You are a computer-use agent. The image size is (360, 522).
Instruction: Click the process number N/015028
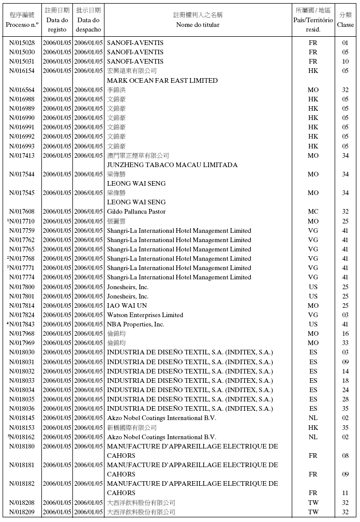point(22,43)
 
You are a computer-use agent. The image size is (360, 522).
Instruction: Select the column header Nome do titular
point(198,25)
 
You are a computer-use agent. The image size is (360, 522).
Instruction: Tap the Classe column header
point(345,25)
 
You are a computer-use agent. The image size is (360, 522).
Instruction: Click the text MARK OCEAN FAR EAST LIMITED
point(162,81)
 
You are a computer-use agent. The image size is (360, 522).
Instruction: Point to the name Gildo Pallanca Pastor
point(136,212)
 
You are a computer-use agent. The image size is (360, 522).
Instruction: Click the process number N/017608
point(22,212)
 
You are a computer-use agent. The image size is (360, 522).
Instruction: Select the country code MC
point(313,212)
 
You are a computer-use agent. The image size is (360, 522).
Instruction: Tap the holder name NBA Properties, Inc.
point(136,324)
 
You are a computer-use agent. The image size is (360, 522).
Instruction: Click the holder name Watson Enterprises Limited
point(145,315)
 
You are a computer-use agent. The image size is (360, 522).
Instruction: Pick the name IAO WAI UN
point(127,306)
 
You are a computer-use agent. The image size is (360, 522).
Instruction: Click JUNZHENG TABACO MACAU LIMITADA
point(172,165)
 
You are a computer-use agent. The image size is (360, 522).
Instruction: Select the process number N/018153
point(22,428)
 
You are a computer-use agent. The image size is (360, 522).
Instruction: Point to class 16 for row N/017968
point(345,334)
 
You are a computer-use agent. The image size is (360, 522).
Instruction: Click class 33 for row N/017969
point(345,343)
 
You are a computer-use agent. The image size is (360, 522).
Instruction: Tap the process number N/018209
point(22,512)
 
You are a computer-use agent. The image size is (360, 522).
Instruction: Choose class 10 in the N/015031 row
point(345,62)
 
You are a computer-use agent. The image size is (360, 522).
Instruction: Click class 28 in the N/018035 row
point(345,399)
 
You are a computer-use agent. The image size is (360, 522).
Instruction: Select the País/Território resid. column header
point(313,20)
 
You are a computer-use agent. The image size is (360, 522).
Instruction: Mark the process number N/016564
point(22,90)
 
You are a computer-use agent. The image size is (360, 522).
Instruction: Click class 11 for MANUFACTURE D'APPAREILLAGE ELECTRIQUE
point(345,493)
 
